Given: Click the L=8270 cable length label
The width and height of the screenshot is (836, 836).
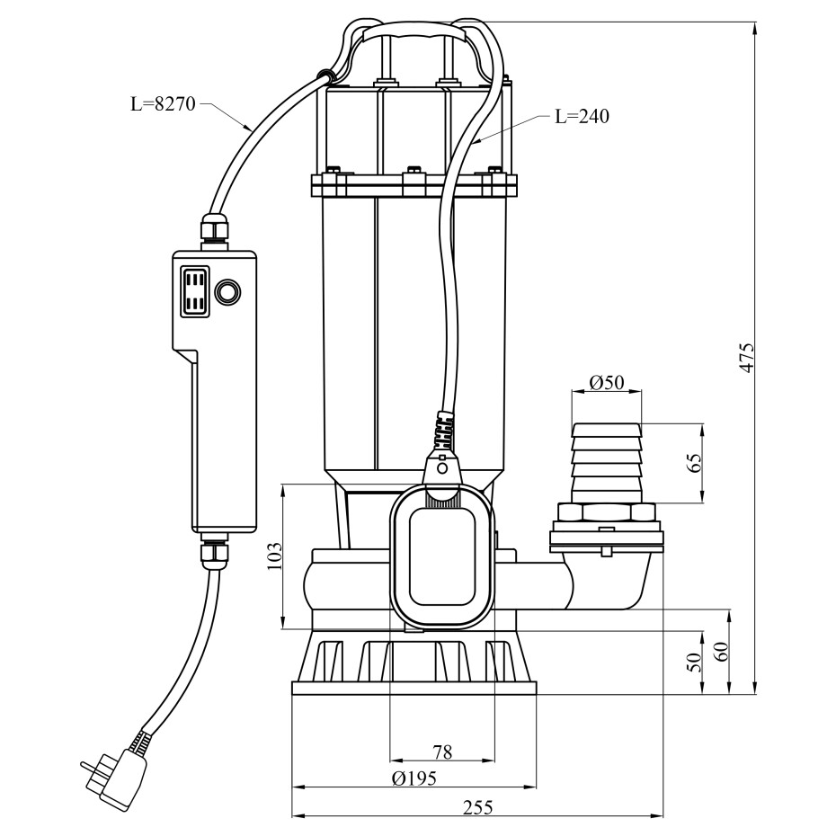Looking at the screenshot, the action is pos(164,103).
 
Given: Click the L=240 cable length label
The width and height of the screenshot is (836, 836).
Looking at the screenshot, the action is pos(583,116).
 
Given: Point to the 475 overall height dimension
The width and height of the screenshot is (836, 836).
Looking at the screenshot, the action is pos(747,358).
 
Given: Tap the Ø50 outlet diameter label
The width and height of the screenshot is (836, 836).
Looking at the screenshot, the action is pos(607,382).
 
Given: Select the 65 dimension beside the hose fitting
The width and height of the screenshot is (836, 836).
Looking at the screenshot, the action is pos(695,463).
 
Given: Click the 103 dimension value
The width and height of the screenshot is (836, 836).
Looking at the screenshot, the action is pos(274,556).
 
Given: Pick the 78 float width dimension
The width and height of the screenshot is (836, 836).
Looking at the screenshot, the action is pos(442,752).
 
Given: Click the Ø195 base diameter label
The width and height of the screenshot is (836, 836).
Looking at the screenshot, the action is pos(414,778).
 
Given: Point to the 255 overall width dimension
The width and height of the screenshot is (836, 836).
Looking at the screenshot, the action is pos(477,808).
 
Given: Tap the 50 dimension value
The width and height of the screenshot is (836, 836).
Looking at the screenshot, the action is pos(695,662).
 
